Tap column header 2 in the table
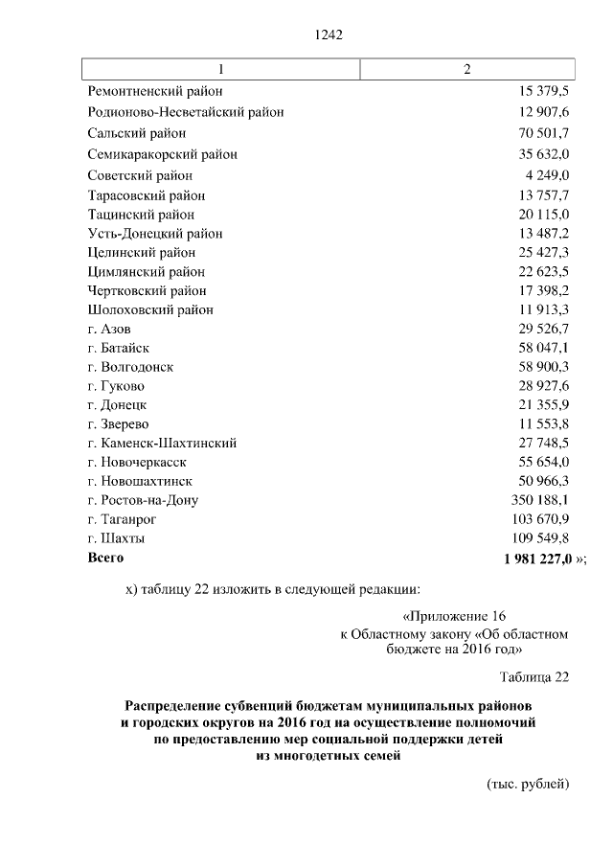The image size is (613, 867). (466, 70)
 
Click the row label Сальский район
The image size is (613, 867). (136, 133)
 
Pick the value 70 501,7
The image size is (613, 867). (543, 133)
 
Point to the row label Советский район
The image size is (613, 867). (139, 175)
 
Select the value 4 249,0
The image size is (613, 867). (547, 175)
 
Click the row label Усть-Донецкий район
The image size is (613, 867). (154, 233)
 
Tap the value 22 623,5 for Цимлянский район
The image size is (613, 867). (543, 271)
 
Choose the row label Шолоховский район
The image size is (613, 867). (149, 309)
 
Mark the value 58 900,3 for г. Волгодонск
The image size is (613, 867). (543, 367)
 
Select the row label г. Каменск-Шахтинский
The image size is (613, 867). (161, 443)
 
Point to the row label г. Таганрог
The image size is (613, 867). (122, 519)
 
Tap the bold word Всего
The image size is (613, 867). (105, 557)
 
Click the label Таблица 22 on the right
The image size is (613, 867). (534, 676)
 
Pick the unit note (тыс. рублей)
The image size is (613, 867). (528, 784)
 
